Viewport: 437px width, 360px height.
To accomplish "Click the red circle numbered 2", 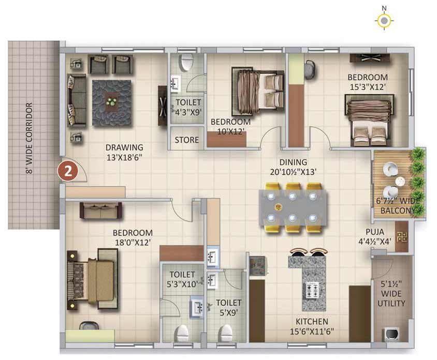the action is [68, 171].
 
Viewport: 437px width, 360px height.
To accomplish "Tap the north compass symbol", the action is [384, 21].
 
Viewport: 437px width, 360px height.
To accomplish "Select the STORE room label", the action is [187, 140].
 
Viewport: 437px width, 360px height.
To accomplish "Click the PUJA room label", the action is [375, 232].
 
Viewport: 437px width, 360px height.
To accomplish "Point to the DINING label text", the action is [293, 162].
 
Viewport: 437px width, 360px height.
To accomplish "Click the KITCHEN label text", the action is [312, 322].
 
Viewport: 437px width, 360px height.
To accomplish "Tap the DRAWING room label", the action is [124, 147].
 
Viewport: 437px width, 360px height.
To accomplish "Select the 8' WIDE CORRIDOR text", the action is [30, 139].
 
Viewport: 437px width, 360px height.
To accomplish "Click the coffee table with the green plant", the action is [111, 102].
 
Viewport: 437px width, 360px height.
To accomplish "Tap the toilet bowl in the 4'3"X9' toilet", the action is [186, 63].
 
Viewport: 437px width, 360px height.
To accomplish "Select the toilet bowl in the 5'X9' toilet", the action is [225, 333].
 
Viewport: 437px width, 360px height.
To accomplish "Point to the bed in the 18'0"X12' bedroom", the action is [92, 279].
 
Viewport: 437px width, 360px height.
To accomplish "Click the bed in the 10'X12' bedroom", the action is [258, 91].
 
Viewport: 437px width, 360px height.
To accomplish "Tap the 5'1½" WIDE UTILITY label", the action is [391, 294].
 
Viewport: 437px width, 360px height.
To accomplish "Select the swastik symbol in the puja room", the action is [402, 237].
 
